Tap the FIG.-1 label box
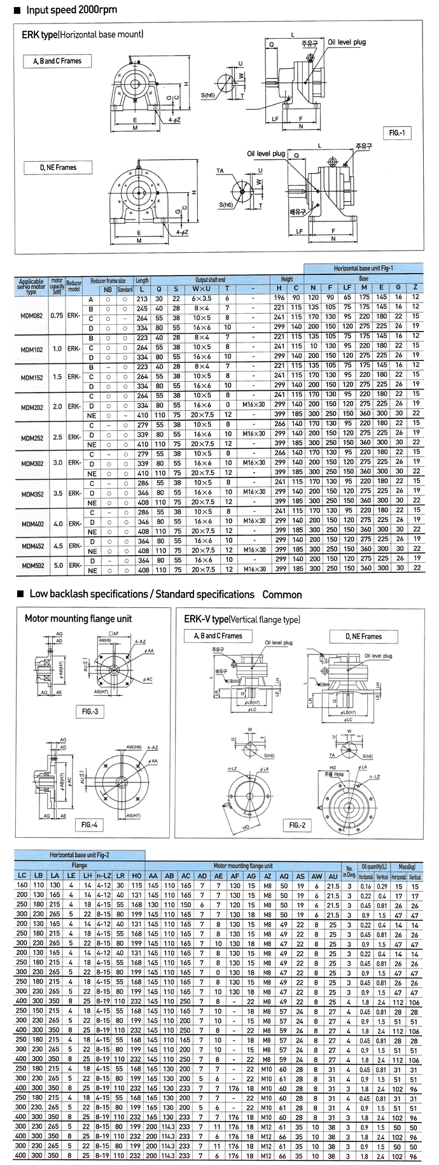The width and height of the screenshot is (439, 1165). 398,133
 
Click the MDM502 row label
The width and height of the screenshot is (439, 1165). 31,565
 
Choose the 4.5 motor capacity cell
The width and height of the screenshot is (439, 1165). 57,545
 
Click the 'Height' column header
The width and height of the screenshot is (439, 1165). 288,279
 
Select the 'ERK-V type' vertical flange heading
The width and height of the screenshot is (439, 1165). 242,619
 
